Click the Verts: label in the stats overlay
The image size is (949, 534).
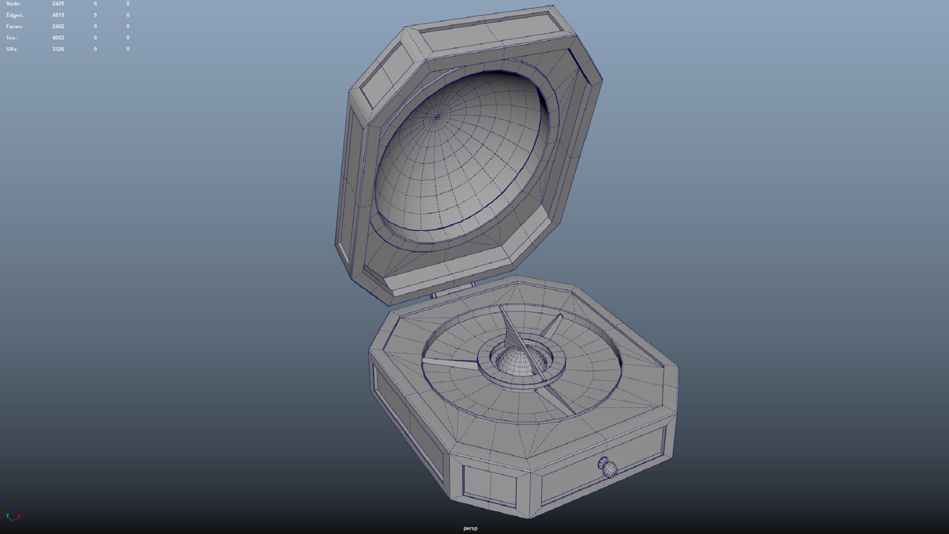click(13, 4)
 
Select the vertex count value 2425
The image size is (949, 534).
click(58, 4)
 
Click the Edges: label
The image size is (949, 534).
click(14, 15)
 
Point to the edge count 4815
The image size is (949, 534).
click(58, 15)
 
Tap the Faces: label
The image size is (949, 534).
click(14, 27)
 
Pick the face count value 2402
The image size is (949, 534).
click(58, 27)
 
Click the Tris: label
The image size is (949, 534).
click(11, 38)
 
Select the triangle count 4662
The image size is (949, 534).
click(58, 38)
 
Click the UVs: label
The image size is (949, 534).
click(12, 49)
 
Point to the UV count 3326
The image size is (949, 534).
click(58, 49)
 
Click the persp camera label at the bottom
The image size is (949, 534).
click(470, 528)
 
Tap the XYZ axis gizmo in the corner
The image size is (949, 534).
click(12, 516)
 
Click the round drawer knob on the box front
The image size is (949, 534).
click(608, 468)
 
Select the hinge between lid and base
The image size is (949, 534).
click(453, 291)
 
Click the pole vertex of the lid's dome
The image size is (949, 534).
click(437, 117)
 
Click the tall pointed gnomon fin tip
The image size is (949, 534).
click(501, 309)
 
